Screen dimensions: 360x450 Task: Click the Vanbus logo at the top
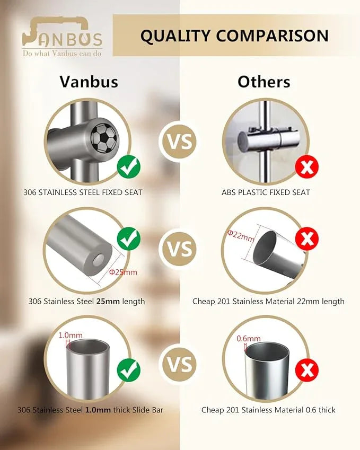coord(62,37)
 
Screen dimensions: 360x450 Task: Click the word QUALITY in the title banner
coord(175,36)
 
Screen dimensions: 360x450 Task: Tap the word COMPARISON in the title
coord(272,36)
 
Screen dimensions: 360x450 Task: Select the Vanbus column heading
coord(89,82)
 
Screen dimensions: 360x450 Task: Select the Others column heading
coord(264,82)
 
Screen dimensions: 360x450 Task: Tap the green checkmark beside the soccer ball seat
coord(129,167)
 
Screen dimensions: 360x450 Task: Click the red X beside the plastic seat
coord(307,167)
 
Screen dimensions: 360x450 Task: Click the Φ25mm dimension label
coord(123,272)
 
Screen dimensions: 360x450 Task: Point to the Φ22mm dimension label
coord(241,236)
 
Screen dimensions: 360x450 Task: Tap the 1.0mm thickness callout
coord(71,335)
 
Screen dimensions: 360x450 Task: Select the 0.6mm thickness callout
coord(249,338)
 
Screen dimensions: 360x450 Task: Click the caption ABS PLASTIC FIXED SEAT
coord(266,192)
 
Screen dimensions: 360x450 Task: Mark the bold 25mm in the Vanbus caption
coord(108,302)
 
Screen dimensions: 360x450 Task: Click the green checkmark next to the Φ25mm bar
coord(129,239)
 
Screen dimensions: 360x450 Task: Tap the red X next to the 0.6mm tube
coord(307,370)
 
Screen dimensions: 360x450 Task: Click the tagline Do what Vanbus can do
coord(62,53)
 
